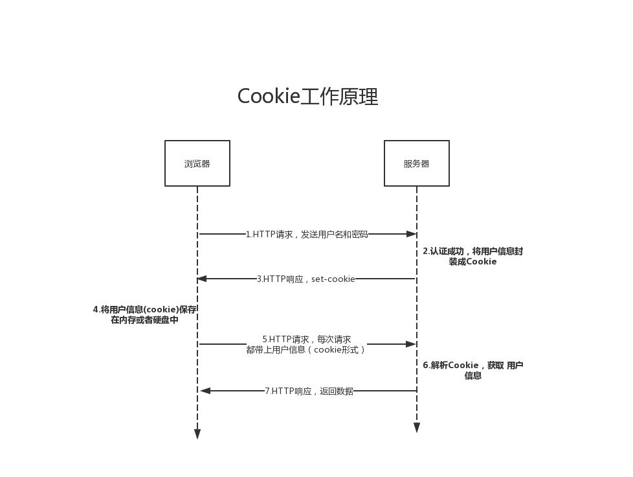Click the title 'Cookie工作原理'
click(307, 97)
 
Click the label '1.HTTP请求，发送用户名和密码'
click(307, 234)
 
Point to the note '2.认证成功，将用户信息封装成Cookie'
click(472, 257)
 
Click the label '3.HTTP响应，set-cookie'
click(306, 279)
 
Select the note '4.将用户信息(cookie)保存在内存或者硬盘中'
click(144, 315)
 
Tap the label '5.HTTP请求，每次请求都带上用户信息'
click(306, 344)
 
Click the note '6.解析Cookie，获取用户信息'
click(472, 370)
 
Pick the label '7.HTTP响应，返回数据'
click(309, 391)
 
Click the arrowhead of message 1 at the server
click(411, 234)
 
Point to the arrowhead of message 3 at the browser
click(202, 279)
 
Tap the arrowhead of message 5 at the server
click(411, 344)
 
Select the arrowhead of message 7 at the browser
click(205, 391)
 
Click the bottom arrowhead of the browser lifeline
click(197, 434)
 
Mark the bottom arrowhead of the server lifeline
click(417, 428)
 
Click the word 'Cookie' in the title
click(269, 97)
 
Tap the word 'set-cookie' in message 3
click(333, 279)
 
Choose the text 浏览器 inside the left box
click(197, 164)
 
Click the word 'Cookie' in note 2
click(482, 262)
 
